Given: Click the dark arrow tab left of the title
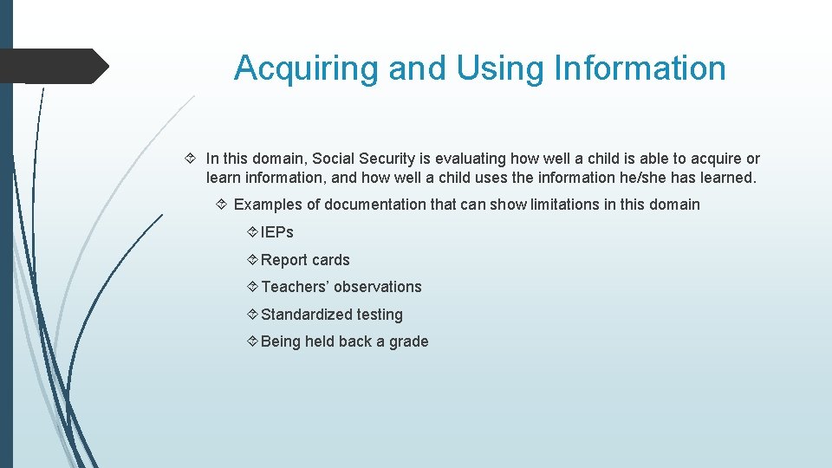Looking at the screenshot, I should [54, 66].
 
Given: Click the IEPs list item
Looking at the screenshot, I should [277, 232].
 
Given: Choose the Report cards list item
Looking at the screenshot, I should [305, 260].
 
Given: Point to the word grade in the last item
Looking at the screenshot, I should [409, 341].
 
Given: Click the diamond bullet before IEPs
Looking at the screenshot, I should [251, 232].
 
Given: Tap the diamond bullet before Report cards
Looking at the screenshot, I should [251, 260].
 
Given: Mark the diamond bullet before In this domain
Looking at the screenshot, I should [192, 159].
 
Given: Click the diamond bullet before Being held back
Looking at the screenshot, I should [251, 341].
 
